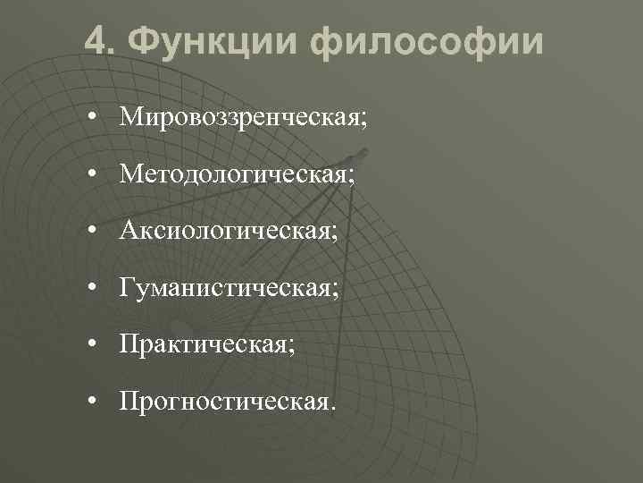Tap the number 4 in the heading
(97, 41)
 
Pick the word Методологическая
(232, 174)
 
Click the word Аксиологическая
(224, 231)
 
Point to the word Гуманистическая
(225, 288)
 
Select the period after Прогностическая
(334, 408)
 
